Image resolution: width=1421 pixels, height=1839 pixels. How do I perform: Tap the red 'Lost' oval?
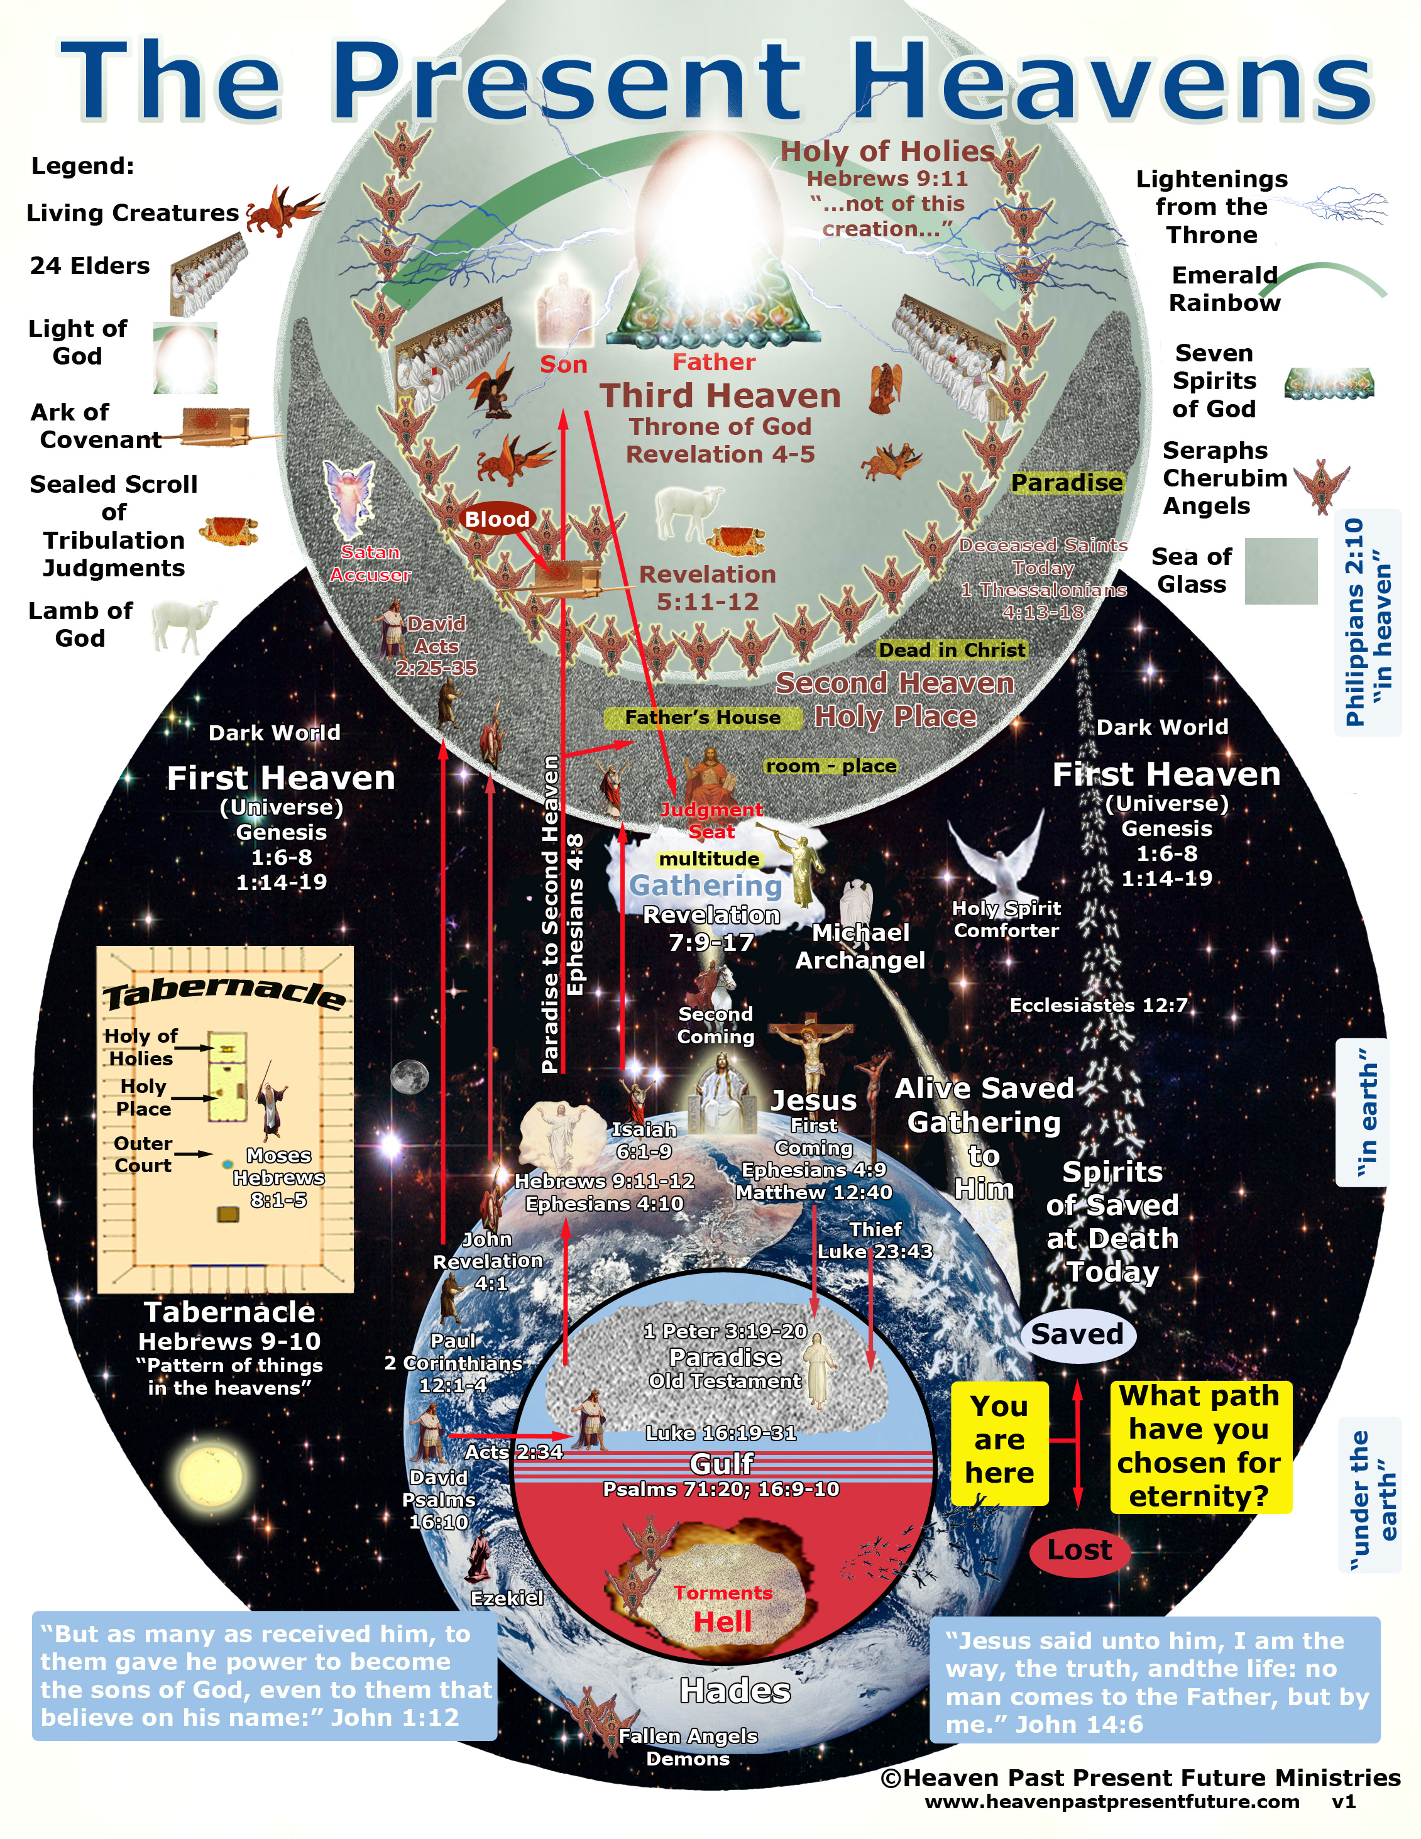click(x=1079, y=1550)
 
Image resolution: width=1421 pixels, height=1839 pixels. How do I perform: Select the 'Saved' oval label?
click(x=1077, y=1334)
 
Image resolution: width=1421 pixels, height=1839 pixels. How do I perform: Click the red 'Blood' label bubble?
click(x=498, y=520)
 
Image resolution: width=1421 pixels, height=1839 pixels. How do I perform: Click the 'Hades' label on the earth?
click(x=735, y=1690)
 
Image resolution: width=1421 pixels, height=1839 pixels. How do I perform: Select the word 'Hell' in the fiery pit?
click(x=722, y=1622)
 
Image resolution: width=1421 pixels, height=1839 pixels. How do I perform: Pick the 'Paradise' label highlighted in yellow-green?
click(x=1067, y=483)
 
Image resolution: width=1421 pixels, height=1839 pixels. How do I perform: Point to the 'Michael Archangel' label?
click(x=860, y=946)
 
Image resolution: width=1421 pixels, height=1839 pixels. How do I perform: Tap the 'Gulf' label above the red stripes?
click(x=721, y=1463)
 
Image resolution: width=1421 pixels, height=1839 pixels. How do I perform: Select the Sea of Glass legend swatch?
click(x=1280, y=570)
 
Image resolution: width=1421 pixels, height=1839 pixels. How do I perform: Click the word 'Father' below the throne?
click(x=714, y=362)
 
